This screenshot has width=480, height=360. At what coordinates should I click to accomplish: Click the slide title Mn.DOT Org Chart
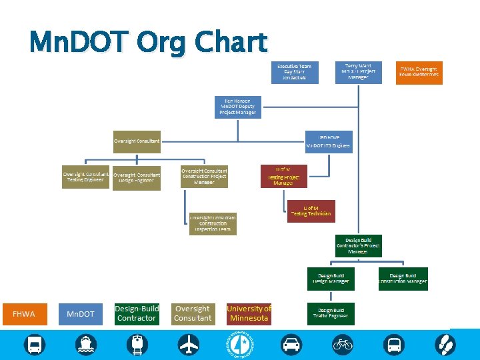pyautogui.click(x=148, y=43)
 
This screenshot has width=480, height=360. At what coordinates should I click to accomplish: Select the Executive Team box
pyautogui.click(x=295, y=72)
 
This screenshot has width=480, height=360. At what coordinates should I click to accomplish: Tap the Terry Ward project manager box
pyautogui.click(x=358, y=72)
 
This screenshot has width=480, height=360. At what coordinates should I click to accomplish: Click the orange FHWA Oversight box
pyautogui.click(x=419, y=72)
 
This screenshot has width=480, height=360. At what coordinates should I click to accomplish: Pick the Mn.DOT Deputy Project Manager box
pyautogui.click(x=238, y=107)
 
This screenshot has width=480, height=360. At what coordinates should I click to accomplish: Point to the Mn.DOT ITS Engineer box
pyautogui.click(x=328, y=141)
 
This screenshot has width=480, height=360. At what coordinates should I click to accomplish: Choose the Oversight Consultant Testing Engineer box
pyautogui.click(x=85, y=177)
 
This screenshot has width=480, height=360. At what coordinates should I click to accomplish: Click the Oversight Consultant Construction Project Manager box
pyautogui.click(x=204, y=177)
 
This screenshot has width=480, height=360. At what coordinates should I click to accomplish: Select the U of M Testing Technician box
pyautogui.click(x=311, y=211)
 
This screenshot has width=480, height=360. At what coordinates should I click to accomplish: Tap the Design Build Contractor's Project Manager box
pyautogui.click(x=358, y=245)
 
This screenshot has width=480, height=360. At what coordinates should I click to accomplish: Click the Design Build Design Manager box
pyautogui.click(x=332, y=279)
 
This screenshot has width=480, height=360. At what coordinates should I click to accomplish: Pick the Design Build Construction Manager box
pyautogui.click(x=403, y=279)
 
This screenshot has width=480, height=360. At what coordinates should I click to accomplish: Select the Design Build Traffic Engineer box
pyautogui.click(x=332, y=313)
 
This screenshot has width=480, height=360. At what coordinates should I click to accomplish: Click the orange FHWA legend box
pyautogui.click(x=23, y=313)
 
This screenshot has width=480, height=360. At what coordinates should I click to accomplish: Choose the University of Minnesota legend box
pyautogui.click(x=249, y=313)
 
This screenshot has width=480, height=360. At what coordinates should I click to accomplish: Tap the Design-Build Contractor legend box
pyautogui.click(x=137, y=313)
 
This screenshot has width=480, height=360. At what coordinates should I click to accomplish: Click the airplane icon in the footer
pyautogui.click(x=189, y=345)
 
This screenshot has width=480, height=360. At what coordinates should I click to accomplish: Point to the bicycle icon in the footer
pyautogui.click(x=343, y=345)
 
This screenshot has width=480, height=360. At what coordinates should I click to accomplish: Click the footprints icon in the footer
pyautogui.click(x=445, y=345)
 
